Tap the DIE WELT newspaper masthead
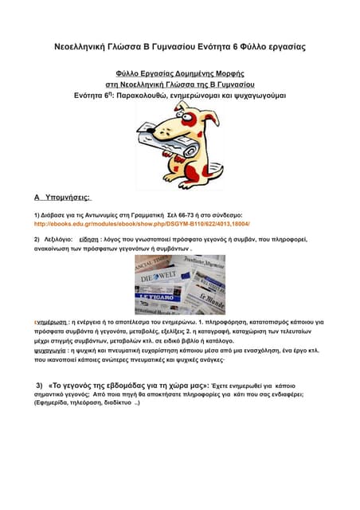pos(158,278)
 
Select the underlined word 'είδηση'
pos(89,238)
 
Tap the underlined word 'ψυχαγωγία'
pos(50,350)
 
